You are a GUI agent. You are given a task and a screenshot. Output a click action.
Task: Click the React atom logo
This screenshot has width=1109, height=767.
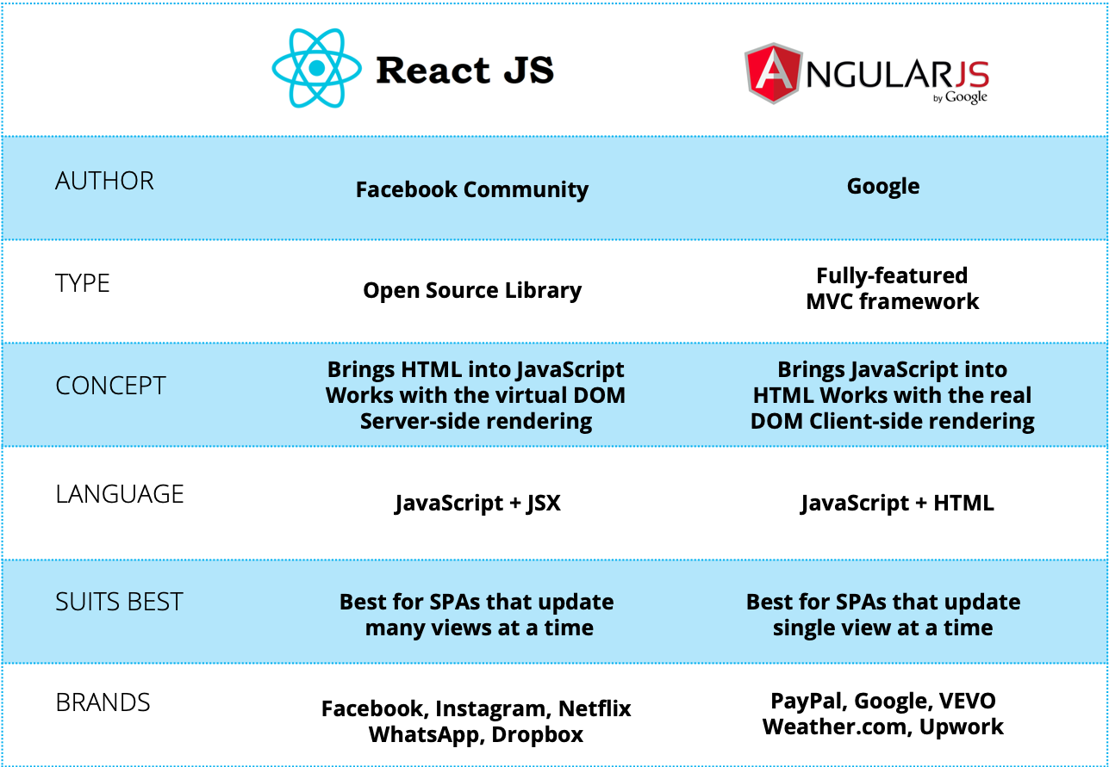tap(317, 68)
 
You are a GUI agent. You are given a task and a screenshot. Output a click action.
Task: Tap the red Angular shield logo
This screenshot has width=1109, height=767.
tap(772, 73)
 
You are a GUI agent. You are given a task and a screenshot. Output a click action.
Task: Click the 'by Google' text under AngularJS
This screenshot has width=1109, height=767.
tap(960, 97)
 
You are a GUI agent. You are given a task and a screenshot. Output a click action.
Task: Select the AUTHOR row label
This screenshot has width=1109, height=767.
tap(104, 181)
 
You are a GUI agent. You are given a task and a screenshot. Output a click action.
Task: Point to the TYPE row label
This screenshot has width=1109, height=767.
tap(82, 283)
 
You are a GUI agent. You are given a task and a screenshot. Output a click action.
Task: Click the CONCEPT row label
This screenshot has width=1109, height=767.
tap(110, 386)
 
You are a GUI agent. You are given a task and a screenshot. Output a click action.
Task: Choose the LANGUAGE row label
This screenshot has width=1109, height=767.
tap(119, 494)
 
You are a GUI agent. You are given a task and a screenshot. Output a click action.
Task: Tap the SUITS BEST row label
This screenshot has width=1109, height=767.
tap(119, 602)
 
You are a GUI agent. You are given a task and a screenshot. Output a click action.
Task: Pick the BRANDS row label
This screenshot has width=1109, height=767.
tap(103, 702)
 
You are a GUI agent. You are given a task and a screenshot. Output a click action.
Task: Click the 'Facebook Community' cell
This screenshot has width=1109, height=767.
tap(472, 190)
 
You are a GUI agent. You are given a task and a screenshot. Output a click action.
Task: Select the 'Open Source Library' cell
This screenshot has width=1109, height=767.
tap(472, 290)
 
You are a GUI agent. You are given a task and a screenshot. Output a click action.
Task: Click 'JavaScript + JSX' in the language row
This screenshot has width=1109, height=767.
tap(477, 504)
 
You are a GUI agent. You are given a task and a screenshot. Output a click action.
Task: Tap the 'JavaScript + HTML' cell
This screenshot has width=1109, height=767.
tap(897, 504)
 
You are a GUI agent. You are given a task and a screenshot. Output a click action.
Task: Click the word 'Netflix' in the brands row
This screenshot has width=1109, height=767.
tap(595, 708)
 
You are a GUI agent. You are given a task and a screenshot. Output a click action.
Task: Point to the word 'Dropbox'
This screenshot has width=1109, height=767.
tap(537, 735)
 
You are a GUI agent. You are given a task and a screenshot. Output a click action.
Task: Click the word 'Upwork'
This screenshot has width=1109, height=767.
tap(961, 727)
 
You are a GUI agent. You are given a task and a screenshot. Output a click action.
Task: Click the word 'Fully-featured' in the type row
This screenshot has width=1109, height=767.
tap(892, 276)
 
